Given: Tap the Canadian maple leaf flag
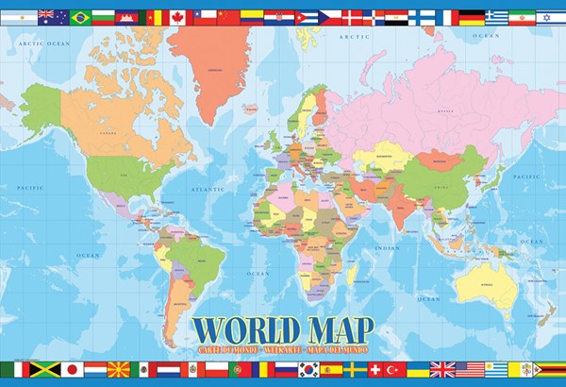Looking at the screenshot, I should (x=177, y=17).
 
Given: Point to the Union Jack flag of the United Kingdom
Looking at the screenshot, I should (x=442, y=370).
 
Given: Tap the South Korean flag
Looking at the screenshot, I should (x=308, y=370).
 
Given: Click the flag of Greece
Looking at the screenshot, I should (x=496, y=17).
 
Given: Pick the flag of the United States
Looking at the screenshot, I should (x=469, y=370).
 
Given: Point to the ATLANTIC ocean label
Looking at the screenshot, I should (x=208, y=189).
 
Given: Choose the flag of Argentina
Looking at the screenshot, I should (x=19, y=17).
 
